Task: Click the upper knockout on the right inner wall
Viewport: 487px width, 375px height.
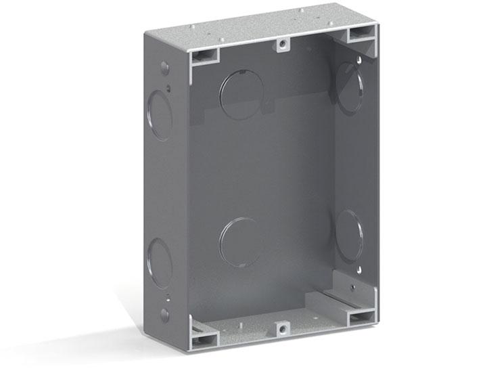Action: pos(350,87)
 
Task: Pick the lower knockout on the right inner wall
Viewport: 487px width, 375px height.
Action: pos(350,232)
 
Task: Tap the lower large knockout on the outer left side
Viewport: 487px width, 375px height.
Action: pos(160,261)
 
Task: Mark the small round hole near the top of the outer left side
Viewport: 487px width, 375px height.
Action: pos(164,68)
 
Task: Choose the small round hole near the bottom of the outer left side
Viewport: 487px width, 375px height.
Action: pos(164,314)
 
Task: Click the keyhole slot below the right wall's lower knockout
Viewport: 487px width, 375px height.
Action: pos(354,288)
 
